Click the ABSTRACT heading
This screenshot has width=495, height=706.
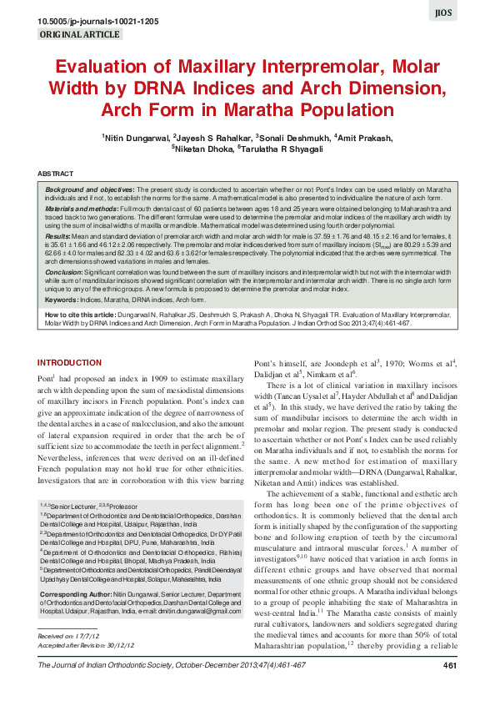(x=56, y=174)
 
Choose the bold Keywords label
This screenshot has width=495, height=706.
(x=62, y=298)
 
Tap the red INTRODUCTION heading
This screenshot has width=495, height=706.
(x=71, y=362)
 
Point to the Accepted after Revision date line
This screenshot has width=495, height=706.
(x=85, y=645)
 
